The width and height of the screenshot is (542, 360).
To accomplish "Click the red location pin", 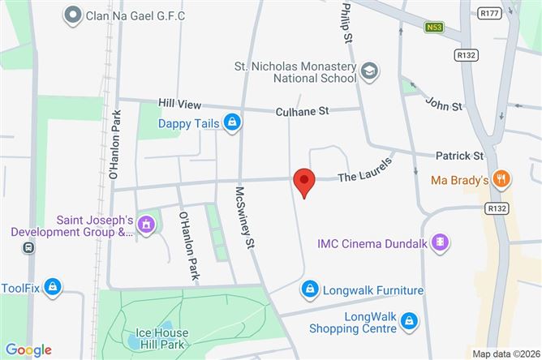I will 303,181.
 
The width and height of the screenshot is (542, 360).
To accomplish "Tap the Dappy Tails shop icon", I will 233,122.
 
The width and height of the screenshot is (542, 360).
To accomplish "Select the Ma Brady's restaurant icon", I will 503,180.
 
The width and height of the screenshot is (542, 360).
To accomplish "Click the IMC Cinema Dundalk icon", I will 440,242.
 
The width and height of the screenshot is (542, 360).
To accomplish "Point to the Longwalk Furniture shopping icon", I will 309,289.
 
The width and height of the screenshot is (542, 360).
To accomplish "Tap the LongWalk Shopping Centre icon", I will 410,321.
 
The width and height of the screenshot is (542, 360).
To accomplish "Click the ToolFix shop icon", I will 53,286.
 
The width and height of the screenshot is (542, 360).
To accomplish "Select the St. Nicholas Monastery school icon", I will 370,71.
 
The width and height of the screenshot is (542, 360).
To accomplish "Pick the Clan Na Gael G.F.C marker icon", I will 72,14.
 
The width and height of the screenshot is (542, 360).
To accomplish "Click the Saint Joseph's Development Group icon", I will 146,223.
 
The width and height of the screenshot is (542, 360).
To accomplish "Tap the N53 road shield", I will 433,28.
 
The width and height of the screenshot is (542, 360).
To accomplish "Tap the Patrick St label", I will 459,155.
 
